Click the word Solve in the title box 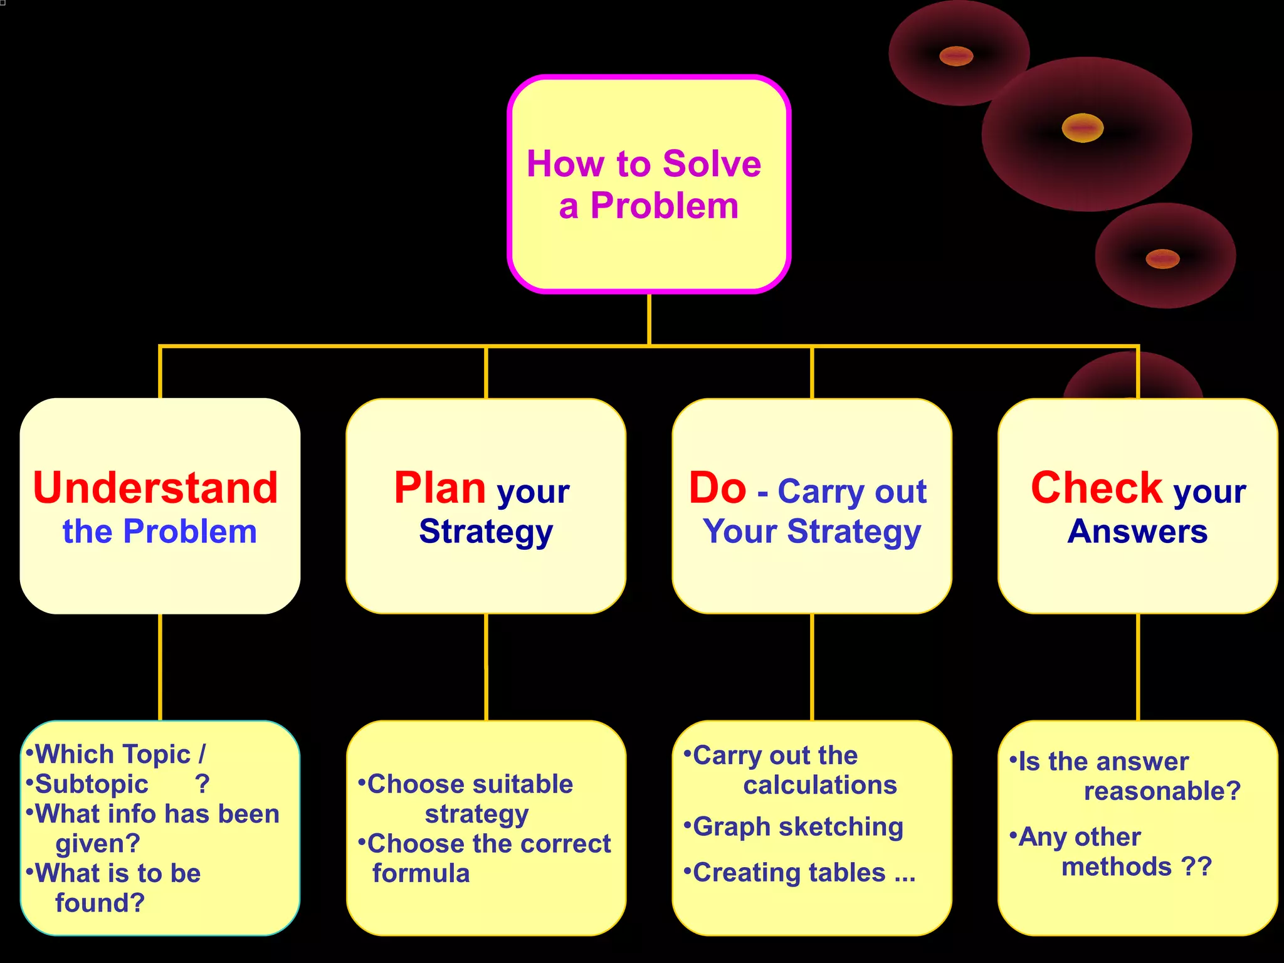[712, 164]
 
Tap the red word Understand [155, 488]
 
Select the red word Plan [440, 488]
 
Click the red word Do [717, 488]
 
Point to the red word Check [1097, 488]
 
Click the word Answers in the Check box [1137, 532]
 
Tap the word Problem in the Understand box [190, 532]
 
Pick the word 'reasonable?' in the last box [1162, 791]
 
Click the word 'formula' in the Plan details [421, 873]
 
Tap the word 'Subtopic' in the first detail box [92, 784]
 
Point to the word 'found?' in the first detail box [100, 903]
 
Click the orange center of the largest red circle [1083, 128]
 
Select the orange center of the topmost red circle [956, 56]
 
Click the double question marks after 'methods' [1197, 867]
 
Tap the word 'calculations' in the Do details [820, 786]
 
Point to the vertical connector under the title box [649, 318]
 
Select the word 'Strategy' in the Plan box [486, 532]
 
